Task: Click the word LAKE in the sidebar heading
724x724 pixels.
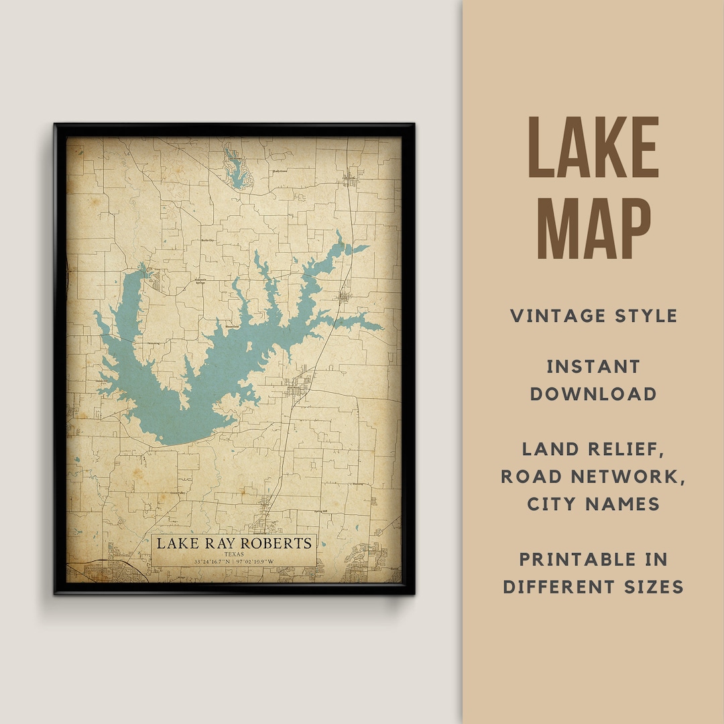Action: [593, 148]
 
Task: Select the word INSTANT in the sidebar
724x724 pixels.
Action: [593, 367]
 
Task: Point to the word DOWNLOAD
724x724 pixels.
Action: [593, 394]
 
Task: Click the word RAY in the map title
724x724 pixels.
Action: [220, 543]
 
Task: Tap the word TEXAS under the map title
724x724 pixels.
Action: [234, 554]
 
